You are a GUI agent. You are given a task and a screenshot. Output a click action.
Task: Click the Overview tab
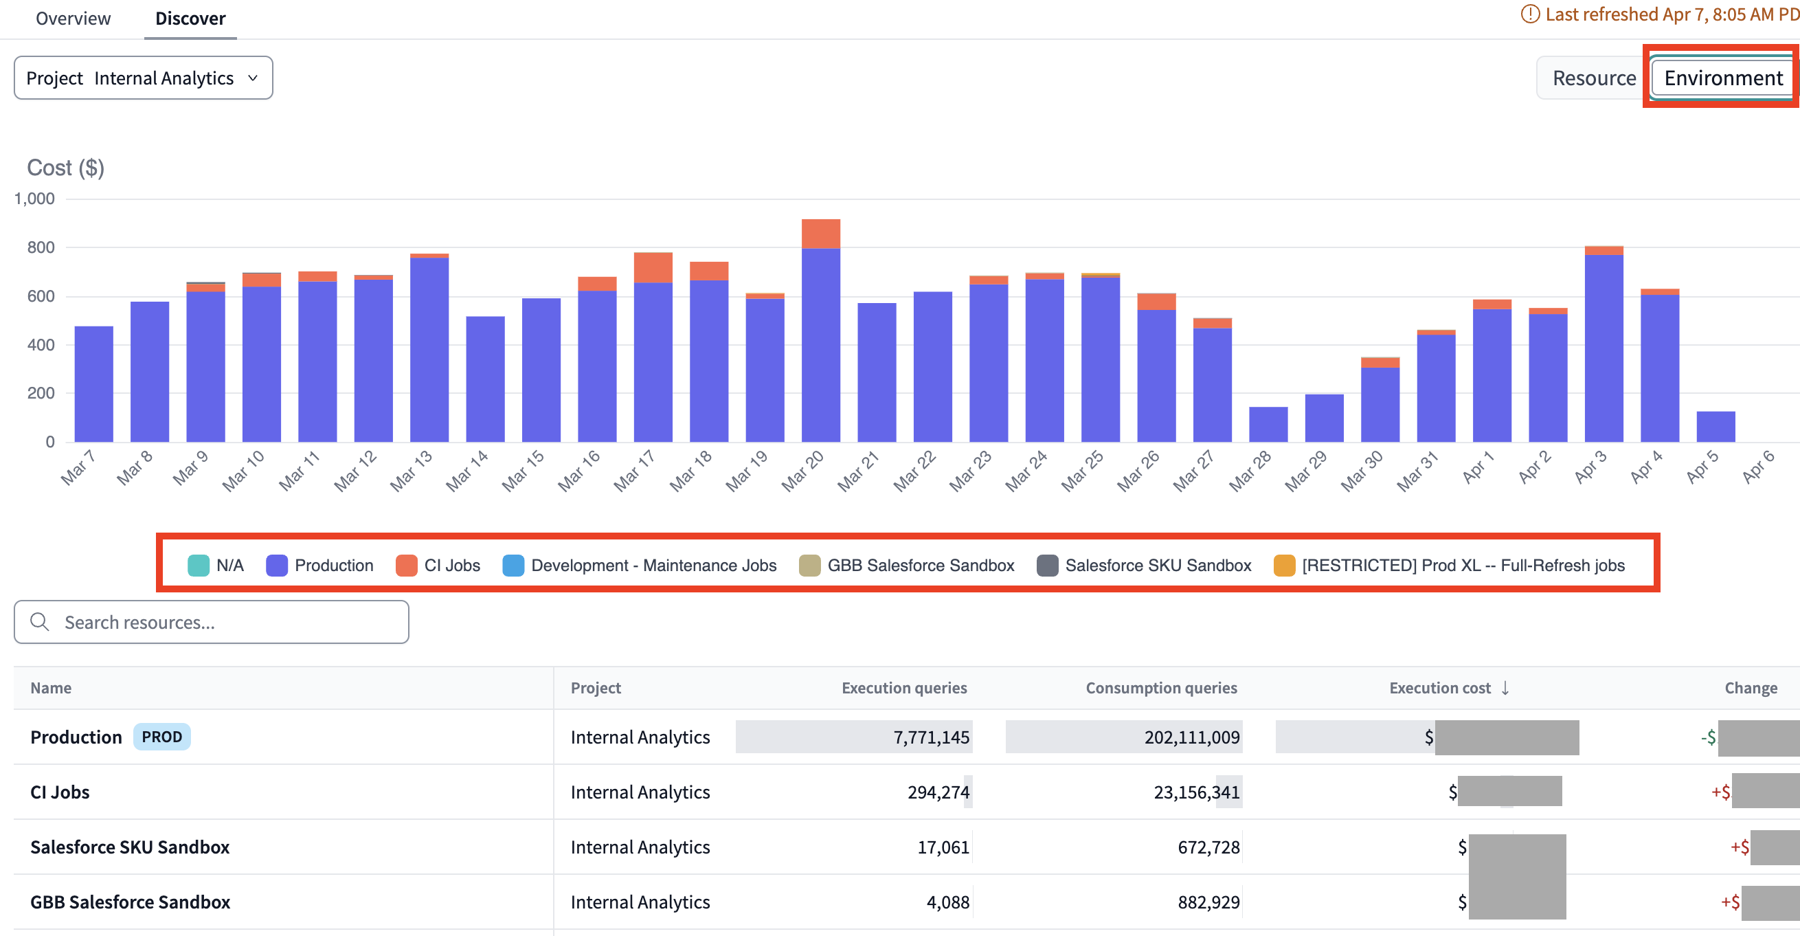click(73, 18)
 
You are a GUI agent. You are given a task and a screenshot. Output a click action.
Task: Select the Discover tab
click(190, 18)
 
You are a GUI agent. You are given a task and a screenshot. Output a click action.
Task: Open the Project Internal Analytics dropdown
click(144, 78)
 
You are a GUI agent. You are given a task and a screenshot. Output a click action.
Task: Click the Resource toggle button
click(1593, 78)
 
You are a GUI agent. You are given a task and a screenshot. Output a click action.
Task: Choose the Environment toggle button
click(1722, 78)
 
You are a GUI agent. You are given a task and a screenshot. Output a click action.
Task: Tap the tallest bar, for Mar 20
click(820, 335)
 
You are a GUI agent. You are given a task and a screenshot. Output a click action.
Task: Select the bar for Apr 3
click(1604, 350)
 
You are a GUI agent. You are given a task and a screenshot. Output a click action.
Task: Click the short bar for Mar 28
click(1268, 424)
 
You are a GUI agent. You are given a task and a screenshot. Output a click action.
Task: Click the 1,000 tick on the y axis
click(34, 199)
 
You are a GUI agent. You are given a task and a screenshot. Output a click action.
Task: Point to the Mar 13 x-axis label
click(411, 470)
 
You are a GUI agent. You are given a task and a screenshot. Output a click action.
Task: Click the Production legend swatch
click(277, 566)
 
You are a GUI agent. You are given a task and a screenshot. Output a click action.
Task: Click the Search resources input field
click(211, 622)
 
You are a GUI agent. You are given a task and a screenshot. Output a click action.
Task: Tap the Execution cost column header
click(1439, 688)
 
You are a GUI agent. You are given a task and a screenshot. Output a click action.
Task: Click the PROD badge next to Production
click(161, 737)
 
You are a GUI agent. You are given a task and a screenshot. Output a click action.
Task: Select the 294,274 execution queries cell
click(938, 792)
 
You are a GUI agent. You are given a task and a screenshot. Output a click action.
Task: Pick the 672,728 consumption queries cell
click(1208, 847)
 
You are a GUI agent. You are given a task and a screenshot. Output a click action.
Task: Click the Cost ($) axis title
click(66, 168)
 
